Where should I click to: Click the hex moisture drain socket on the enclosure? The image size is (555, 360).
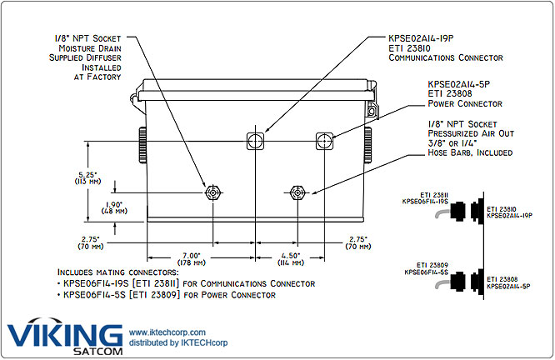click(214, 192)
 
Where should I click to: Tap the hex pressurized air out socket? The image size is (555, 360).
click(296, 192)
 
